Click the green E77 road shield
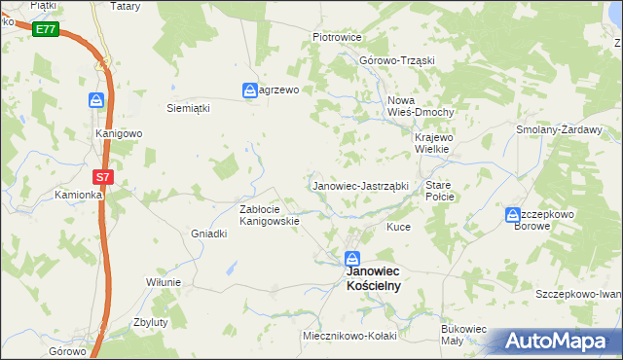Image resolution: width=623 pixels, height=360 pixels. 45,29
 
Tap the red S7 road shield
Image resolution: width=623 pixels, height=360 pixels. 103,177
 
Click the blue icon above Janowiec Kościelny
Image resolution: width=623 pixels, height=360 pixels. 353,260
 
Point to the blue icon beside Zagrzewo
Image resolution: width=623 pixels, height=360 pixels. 249,90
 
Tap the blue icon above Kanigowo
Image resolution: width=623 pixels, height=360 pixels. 95,100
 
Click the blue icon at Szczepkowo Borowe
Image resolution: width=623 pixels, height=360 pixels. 513,216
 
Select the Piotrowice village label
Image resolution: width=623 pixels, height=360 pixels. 337,37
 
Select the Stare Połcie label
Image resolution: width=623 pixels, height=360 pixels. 440,190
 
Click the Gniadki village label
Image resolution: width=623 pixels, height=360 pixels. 208,234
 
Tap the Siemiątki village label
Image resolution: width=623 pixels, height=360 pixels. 189,108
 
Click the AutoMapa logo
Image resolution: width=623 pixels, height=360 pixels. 556,342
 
